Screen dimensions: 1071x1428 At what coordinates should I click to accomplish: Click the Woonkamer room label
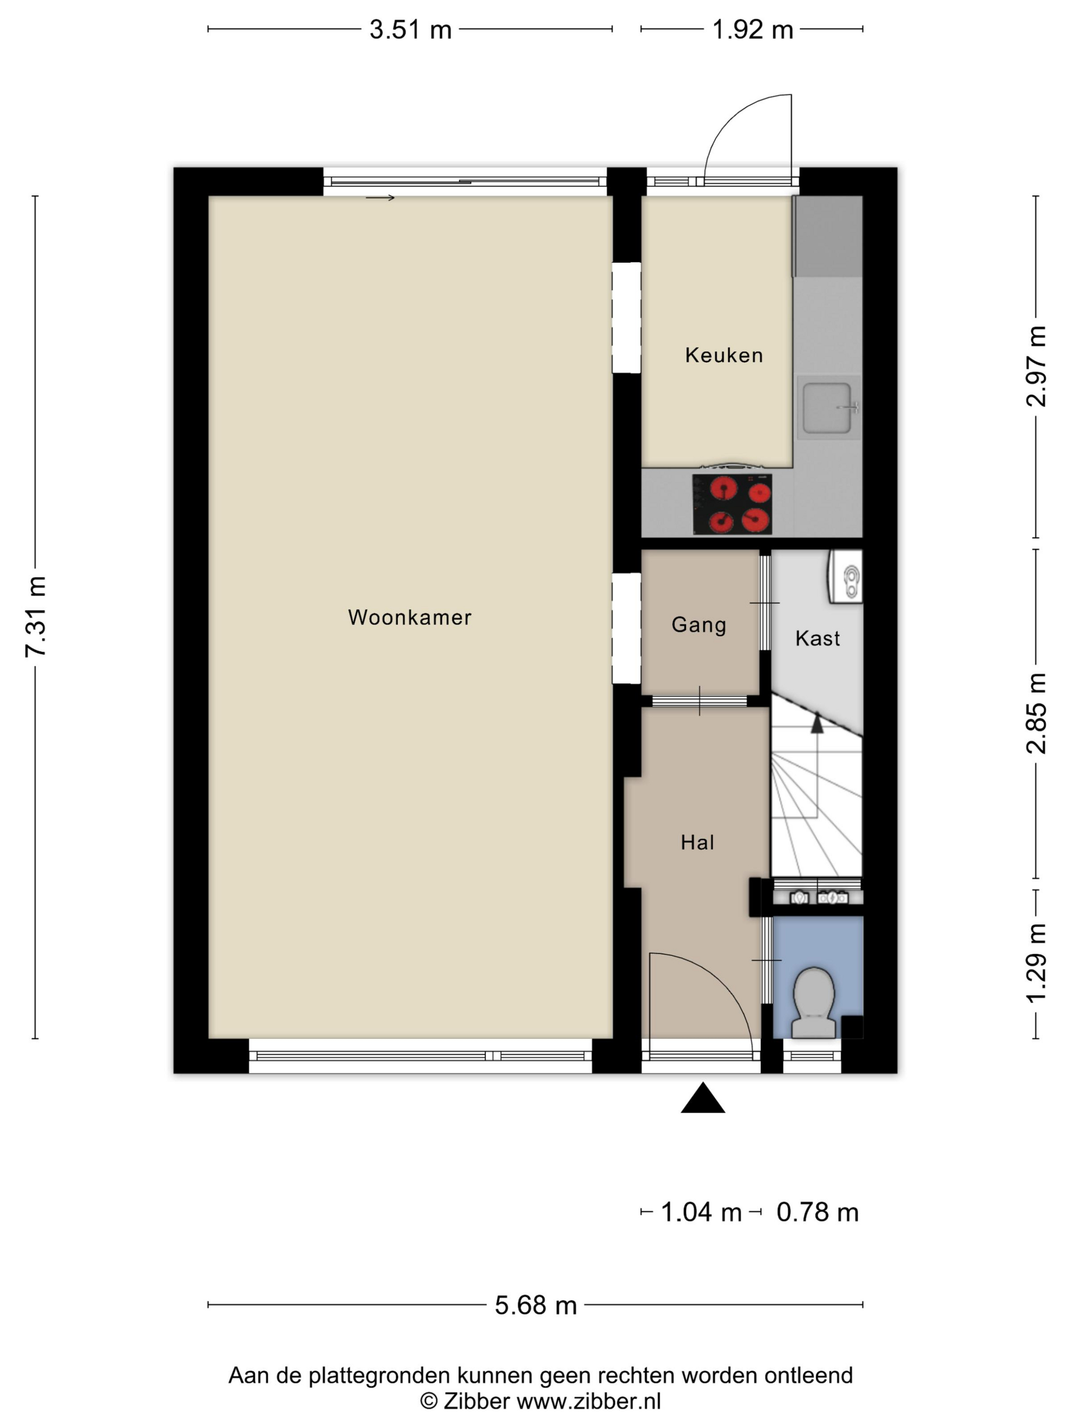410,617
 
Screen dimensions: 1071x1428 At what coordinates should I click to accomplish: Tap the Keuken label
724,355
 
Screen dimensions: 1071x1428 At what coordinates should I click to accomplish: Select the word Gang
699,625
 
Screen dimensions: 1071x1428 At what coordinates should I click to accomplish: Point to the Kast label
818,639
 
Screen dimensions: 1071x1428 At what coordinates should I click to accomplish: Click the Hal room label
697,843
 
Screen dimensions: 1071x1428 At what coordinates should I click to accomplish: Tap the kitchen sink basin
828,407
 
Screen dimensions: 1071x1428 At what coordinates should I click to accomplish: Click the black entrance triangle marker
702,1099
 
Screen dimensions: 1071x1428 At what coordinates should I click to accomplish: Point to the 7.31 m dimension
36,617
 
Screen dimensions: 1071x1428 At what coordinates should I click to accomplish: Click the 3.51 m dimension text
410,30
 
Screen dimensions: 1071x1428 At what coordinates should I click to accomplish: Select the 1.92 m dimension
752,30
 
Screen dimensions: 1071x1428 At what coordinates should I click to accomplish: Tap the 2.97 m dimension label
1036,366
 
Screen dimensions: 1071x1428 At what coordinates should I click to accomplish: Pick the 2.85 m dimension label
1036,713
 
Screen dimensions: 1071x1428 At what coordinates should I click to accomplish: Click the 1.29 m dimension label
1036,964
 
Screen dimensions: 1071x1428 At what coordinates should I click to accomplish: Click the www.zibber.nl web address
588,1401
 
